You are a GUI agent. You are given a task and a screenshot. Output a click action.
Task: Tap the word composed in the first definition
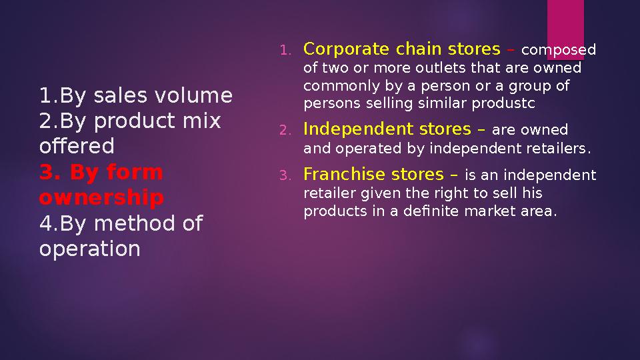pos(559,51)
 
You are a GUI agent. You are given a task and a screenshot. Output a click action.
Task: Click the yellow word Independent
pos(353,129)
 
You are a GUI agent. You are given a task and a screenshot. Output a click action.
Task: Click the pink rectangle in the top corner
pos(565,27)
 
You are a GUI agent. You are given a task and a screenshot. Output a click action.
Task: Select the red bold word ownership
pos(101,198)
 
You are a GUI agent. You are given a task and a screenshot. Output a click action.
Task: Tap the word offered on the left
pos(77,146)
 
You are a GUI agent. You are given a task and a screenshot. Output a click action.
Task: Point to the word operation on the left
pos(90,249)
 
